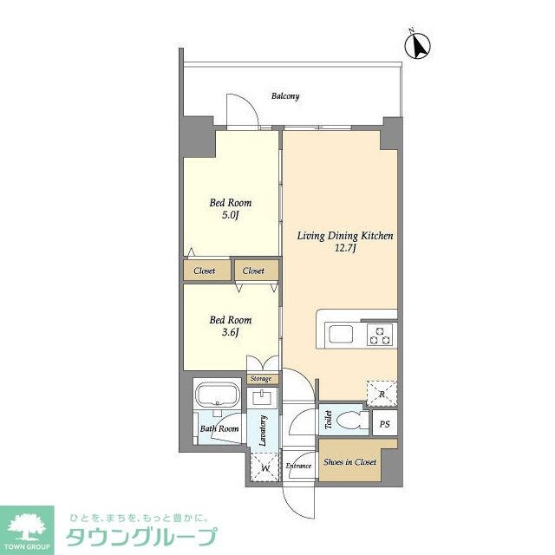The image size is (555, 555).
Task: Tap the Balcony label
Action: (285, 96)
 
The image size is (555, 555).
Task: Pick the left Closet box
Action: (206, 271)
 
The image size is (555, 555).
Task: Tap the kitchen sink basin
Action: (339, 334)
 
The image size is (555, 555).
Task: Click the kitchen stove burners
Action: (381, 334)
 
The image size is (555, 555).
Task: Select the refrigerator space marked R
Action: (382, 394)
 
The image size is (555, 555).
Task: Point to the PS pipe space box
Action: (384, 424)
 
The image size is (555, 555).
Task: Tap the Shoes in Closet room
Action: (349, 462)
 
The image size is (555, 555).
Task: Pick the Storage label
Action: (261, 379)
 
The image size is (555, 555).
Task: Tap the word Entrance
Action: (299, 465)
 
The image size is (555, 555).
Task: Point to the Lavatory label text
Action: (263, 431)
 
